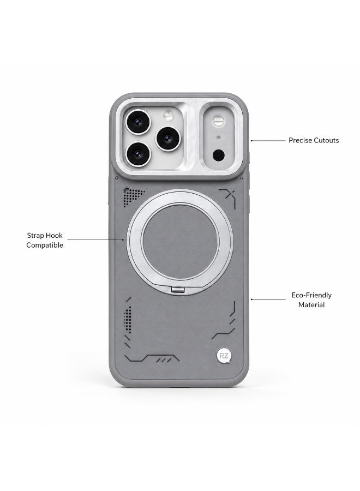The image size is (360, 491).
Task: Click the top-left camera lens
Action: tap(138, 122)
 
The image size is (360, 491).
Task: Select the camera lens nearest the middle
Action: tap(168, 139)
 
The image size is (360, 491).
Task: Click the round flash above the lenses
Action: tap(169, 116)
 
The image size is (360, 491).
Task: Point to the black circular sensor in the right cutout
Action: tap(219, 155)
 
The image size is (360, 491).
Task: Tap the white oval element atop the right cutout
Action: tap(218, 120)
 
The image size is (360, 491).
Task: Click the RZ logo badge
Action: tap(224, 356)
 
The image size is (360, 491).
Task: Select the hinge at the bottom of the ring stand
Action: tap(178, 290)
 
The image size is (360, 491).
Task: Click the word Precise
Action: tap(299, 140)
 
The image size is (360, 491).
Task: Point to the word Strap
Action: tap(35, 236)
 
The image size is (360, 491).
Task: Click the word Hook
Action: tap(55, 236)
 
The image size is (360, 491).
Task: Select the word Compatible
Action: tap(45, 245)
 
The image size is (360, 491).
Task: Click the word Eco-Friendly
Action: tap(311, 295)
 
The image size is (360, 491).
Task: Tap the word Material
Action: tap(311, 304)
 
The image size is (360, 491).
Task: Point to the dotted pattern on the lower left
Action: tap(128, 319)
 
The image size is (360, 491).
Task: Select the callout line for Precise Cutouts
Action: tap(268, 141)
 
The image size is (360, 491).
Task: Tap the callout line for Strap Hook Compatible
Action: tap(95, 240)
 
